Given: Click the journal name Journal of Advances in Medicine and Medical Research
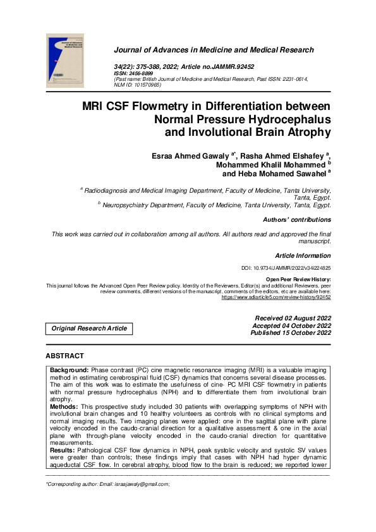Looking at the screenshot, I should click(x=214, y=50).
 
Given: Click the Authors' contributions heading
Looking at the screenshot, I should click(x=296, y=220).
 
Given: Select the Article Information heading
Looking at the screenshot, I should click(x=303, y=256).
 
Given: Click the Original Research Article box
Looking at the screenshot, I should click(x=89, y=329).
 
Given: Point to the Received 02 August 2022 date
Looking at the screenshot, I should click(x=293, y=318).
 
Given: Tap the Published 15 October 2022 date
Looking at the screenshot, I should click(x=291, y=333).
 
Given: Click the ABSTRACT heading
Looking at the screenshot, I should click(x=64, y=356).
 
